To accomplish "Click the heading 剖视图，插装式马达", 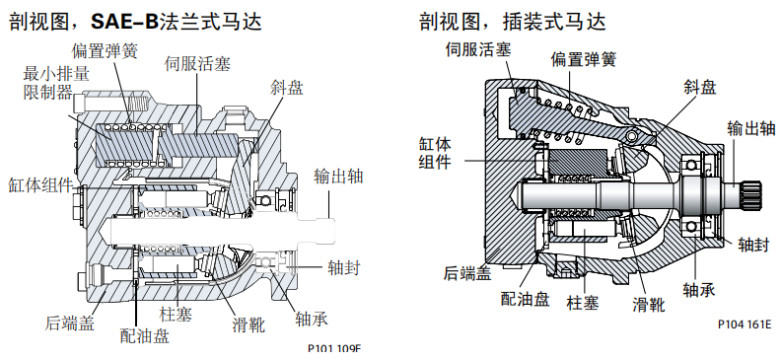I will pos(512,21).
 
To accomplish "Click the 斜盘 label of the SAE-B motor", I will pos(287,88).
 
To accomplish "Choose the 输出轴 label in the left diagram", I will pos(339,177).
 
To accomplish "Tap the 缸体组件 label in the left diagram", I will pos(38,185).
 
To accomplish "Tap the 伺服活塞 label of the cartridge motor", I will pos(475,46).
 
